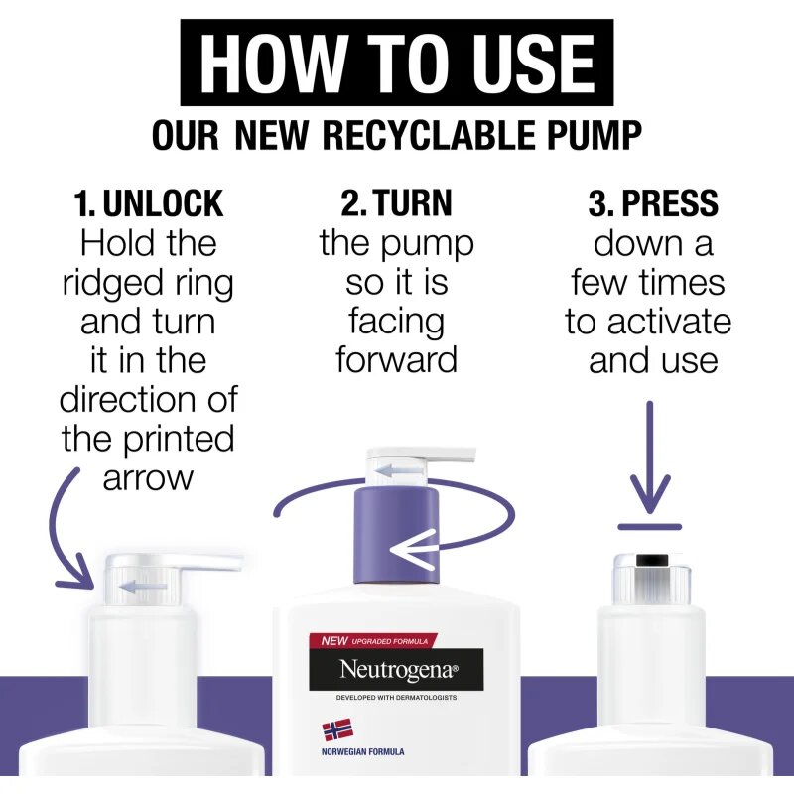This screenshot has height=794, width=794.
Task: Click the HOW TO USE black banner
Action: pyautogui.click(x=396, y=63)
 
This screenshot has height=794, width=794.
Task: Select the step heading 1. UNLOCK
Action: pyautogui.click(x=148, y=203)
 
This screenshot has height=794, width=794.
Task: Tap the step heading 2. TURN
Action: pyautogui.click(x=396, y=203)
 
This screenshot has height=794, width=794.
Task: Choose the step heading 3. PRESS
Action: pyautogui.click(x=653, y=203)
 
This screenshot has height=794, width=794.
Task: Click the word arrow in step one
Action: pyautogui.click(x=148, y=478)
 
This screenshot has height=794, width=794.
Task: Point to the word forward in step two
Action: pyautogui.click(x=396, y=359)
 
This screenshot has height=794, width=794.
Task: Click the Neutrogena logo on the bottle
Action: pyautogui.click(x=396, y=669)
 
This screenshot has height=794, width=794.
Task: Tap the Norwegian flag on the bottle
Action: pyautogui.click(x=337, y=730)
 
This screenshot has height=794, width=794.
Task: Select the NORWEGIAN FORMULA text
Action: pyautogui.click(x=362, y=752)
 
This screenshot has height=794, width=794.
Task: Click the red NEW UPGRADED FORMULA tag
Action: pyautogui.click(x=372, y=641)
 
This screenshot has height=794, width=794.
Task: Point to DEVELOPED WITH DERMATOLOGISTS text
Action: pyautogui.click(x=396, y=698)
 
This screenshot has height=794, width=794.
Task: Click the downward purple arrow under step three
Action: pyautogui.click(x=650, y=458)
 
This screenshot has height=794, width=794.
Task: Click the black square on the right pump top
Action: pyautogui.click(x=653, y=560)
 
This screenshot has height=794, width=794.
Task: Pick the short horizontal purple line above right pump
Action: pyautogui.click(x=650, y=527)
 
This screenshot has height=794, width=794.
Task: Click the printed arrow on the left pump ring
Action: pyautogui.click(x=142, y=587)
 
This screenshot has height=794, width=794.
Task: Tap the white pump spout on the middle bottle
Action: pyautogui.click(x=420, y=456)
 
